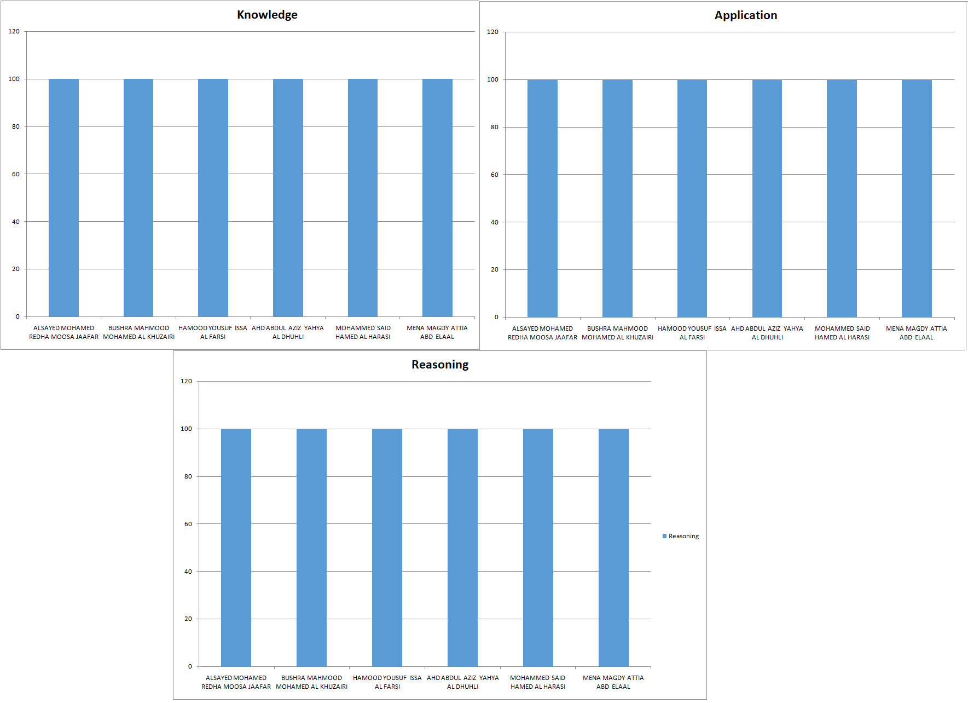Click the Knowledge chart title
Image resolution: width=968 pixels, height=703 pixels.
(x=267, y=15)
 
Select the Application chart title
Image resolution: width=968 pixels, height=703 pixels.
(x=746, y=15)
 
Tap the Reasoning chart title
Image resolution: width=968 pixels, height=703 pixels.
(x=440, y=365)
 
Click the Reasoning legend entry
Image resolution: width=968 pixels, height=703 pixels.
(x=681, y=536)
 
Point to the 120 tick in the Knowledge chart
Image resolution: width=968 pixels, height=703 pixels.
(x=14, y=31)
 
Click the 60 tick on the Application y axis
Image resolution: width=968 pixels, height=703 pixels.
(x=495, y=175)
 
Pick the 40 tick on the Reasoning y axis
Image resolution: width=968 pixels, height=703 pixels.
(x=188, y=572)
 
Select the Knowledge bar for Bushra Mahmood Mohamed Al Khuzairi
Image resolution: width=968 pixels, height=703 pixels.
(x=138, y=198)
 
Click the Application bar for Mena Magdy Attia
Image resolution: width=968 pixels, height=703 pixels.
(x=917, y=198)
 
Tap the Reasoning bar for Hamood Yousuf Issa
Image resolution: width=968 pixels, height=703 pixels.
(x=387, y=548)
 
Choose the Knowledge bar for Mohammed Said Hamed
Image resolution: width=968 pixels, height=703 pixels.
(x=363, y=198)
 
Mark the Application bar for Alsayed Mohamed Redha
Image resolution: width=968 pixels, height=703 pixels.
(x=542, y=198)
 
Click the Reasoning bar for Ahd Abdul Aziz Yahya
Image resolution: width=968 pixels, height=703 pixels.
(x=462, y=548)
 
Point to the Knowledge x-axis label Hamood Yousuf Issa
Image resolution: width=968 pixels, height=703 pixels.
(x=213, y=332)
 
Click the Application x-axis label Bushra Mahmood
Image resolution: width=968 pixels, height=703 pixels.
(x=617, y=333)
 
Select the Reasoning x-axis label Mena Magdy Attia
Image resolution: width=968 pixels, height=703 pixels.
(x=613, y=682)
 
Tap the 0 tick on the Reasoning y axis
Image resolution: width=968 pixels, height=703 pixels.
(x=190, y=666)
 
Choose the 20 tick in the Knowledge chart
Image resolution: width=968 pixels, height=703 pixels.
(x=15, y=269)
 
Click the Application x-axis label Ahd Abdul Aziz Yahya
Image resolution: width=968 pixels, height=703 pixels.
(x=767, y=333)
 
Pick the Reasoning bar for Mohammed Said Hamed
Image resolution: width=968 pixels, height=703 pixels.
(x=538, y=548)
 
